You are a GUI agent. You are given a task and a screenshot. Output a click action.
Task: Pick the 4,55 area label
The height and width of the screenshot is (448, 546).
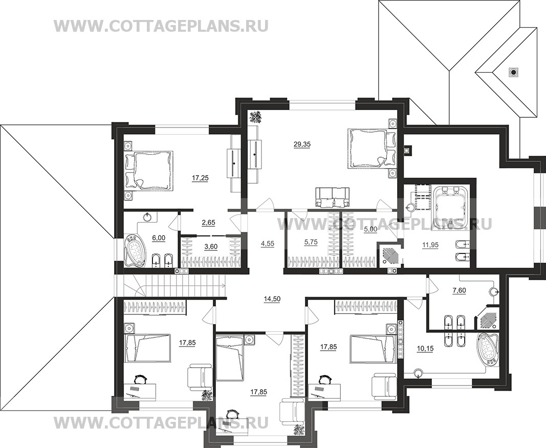pos(267,244)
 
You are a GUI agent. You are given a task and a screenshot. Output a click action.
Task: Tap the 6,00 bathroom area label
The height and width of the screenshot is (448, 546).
pos(158,238)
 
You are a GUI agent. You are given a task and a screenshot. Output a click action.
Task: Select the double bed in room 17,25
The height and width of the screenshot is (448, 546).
pos(149,170)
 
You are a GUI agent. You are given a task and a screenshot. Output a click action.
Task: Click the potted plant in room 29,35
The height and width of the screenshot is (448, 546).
pos(255,117)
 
